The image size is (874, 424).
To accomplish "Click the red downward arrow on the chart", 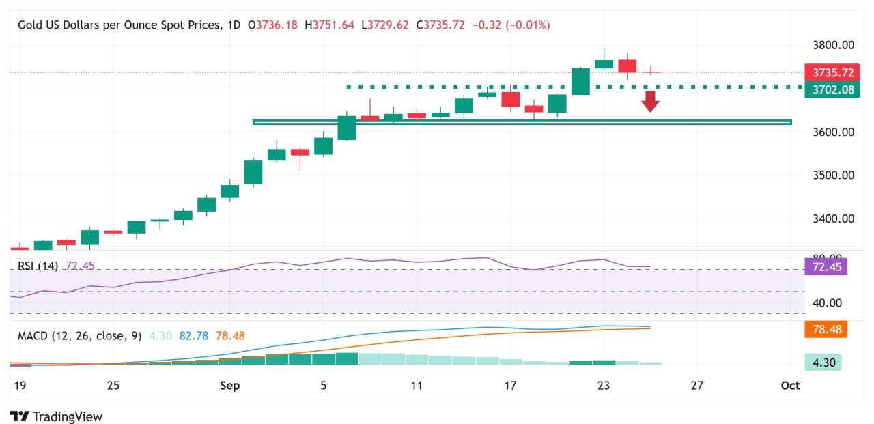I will (x=650, y=101).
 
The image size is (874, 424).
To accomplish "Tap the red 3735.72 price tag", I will (x=832, y=72).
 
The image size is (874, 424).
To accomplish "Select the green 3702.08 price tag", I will (x=832, y=89).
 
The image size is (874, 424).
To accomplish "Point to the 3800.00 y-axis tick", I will (x=830, y=45).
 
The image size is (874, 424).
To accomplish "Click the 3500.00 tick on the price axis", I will (x=830, y=175).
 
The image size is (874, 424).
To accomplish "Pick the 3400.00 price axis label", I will (x=830, y=218).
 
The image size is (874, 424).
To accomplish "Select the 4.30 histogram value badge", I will (x=823, y=363).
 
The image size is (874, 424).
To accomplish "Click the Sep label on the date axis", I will (x=230, y=386).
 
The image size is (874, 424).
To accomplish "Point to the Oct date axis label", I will (x=790, y=386).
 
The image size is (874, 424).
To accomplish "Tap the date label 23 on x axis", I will (x=603, y=386).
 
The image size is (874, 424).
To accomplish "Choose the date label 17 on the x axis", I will (x=509, y=386).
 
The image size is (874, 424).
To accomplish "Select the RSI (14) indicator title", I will (x=38, y=266).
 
